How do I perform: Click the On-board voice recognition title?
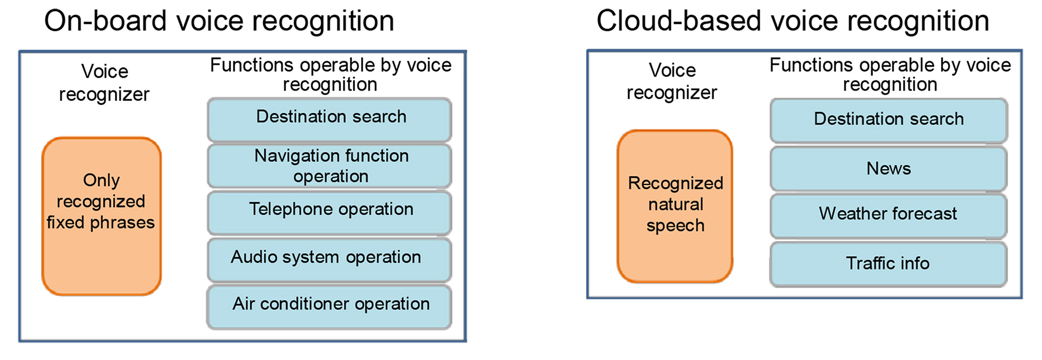coord(219,22)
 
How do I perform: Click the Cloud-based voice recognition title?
coord(792,22)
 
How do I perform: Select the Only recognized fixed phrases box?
coord(102,216)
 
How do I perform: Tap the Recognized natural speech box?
coord(675,205)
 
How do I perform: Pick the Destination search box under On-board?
coord(330,118)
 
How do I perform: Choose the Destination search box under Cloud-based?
coord(889,120)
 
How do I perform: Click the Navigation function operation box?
coord(330,166)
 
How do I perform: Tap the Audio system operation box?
coord(330,259)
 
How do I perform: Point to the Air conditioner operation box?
coord(330,306)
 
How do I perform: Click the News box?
coord(889,169)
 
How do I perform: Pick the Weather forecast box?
coord(889,215)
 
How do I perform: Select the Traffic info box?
coord(889,264)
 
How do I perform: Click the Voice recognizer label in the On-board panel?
coord(104,83)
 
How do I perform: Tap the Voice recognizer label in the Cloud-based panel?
coord(672,82)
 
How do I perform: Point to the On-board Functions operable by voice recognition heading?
coord(330,74)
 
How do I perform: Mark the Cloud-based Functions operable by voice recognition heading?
coord(890,74)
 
